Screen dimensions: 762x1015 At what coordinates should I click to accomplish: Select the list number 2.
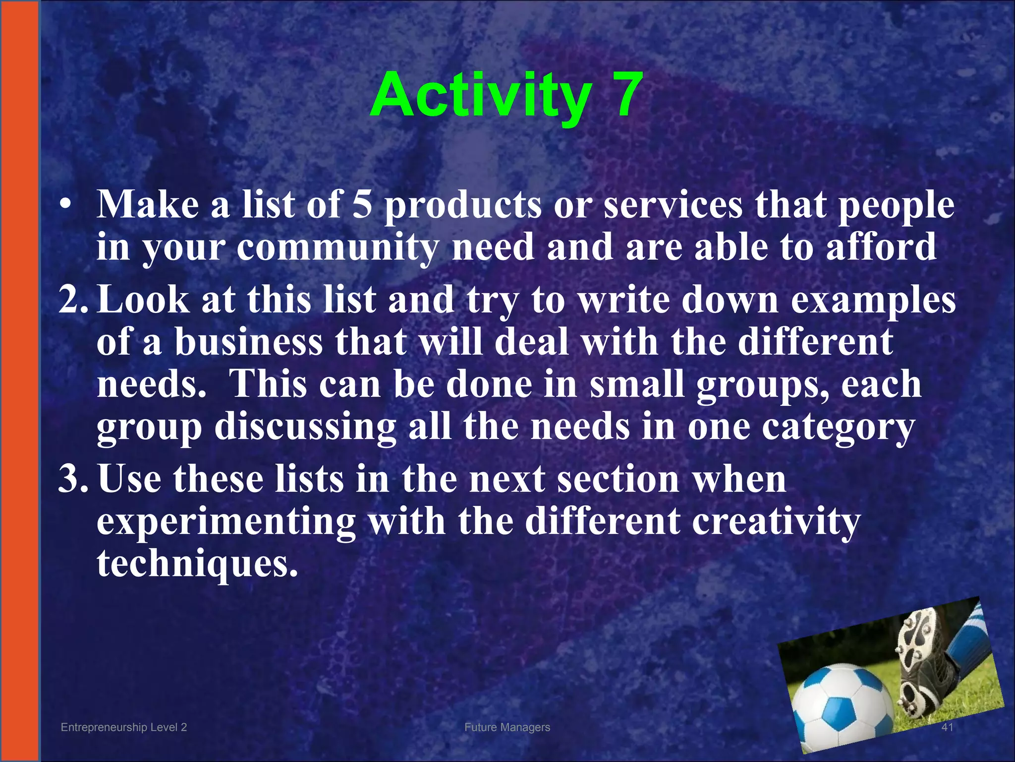coord(73,301)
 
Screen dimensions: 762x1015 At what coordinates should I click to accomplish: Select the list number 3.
coord(73,479)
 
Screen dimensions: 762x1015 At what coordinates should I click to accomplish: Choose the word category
coord(838,428)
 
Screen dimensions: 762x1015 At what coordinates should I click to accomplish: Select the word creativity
coord(776,522)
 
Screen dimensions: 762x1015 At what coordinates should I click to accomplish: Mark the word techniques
coord(197,564)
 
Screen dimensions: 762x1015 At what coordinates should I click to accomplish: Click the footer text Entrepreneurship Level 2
coord(123,727)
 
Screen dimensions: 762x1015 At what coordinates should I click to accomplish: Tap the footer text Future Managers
coord(507,727)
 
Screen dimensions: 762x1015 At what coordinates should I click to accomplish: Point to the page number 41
coord(947,727)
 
